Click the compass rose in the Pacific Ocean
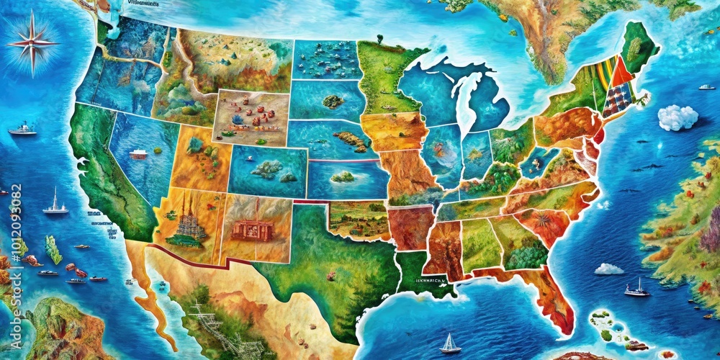32,41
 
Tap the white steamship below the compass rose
22,130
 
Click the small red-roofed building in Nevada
139,153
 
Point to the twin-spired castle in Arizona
190,218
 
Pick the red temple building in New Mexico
251,230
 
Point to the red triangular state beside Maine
621,72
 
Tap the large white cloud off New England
678,117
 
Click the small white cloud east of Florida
608,269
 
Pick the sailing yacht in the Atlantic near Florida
636,288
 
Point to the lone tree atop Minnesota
379,39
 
